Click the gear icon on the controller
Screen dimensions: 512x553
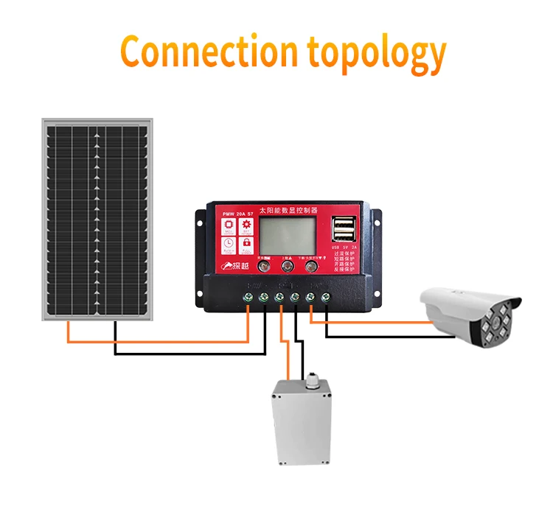(246, 223)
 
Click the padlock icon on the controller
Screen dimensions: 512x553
(246, 242)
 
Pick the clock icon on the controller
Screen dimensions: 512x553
(229, 242)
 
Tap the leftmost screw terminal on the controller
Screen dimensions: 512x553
(248, 297)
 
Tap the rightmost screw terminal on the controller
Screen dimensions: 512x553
(325, 297)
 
